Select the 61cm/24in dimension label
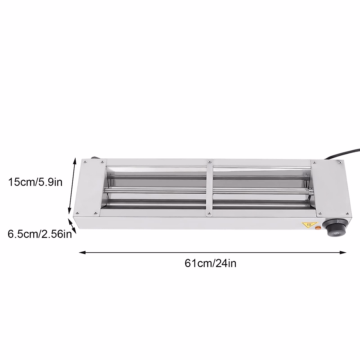click(x=211, y=263)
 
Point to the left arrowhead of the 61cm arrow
click(x=80, y=253)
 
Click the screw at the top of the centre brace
click(x=209, y=162)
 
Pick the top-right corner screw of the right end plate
click(x=340, y=162)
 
